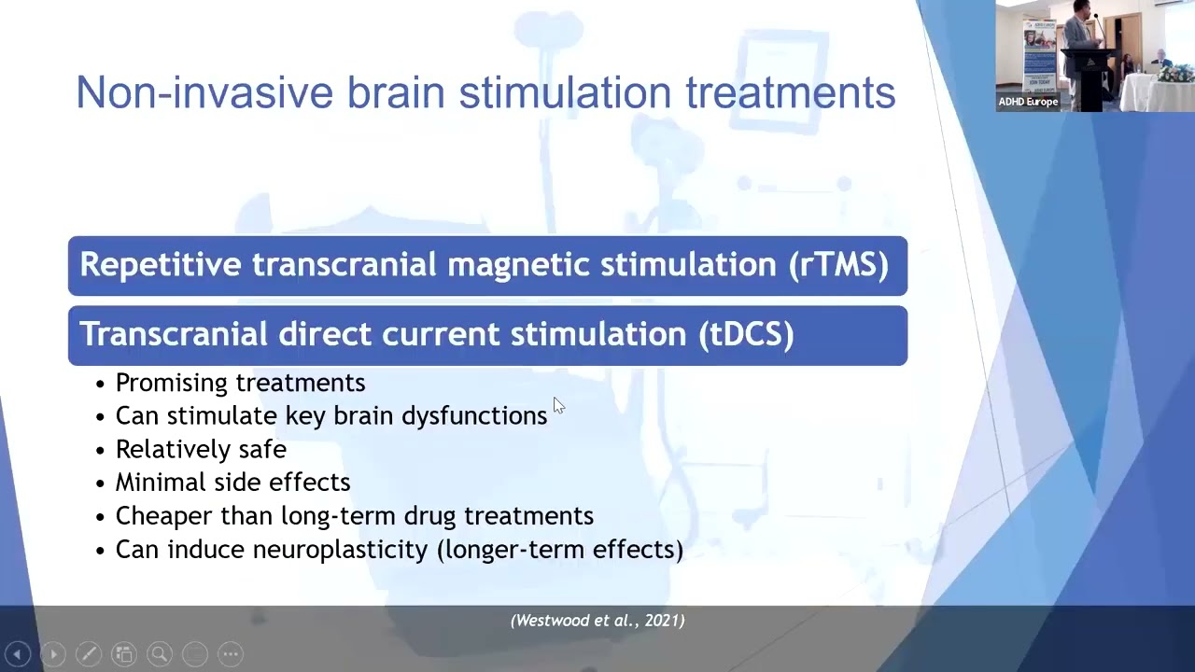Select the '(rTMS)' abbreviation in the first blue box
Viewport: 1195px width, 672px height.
838,265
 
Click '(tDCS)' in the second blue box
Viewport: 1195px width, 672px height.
746,334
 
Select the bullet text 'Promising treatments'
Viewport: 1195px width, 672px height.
240,383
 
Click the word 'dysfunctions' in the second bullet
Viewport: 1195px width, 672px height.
474,416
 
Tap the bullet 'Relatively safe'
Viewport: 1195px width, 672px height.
201,449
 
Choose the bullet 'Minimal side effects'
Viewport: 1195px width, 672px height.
232,483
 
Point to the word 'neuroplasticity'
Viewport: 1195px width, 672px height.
340,550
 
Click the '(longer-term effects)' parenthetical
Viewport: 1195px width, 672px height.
560,550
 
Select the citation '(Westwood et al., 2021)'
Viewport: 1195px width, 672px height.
597,621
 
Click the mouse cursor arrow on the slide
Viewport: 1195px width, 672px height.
557,405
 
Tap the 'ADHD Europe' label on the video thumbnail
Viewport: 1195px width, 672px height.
1028,102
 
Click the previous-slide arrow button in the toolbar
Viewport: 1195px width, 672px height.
18,654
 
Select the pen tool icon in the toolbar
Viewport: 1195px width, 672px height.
89,654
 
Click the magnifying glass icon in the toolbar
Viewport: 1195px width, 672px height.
160,654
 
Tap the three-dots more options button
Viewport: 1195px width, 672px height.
231,654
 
